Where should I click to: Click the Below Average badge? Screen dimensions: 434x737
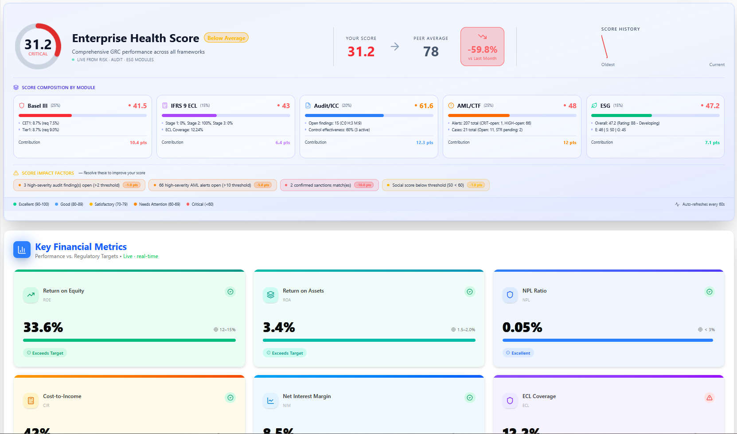click(226, 38)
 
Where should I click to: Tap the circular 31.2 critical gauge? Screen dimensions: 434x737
click(38, 47)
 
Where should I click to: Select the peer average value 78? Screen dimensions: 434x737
click(431, 52)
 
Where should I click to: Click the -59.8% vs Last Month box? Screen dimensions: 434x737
click(482, 47)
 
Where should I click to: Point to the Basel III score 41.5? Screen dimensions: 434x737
click(140, 106)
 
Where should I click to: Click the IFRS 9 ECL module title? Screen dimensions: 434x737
click(184, 106)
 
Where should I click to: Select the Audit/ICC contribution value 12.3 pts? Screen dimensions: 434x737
click(424, 143)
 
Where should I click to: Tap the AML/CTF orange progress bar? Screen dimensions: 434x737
click(479, 115)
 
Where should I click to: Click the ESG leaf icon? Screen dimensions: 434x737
click(594, 106)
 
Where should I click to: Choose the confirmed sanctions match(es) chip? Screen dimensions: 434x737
click(329, 185)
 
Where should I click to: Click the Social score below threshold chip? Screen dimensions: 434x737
click(436, 185)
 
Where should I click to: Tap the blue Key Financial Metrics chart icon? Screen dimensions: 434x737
click(22, 250)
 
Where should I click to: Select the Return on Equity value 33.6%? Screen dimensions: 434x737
click(43, 328)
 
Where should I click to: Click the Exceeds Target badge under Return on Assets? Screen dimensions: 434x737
click(285, 353)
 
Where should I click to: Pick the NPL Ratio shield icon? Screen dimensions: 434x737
click(510, 295)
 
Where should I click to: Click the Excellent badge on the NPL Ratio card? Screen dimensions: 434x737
click(518, 353)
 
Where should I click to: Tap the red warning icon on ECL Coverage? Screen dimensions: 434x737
click(710, 398)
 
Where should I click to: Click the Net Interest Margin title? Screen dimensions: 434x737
click(307, 396)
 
